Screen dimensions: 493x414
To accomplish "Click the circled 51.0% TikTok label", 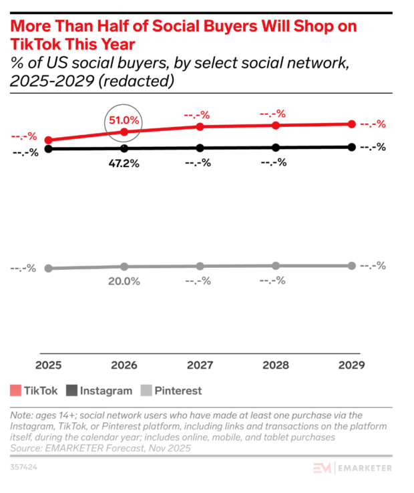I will (x=124, y=121).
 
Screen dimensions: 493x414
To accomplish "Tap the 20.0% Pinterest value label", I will (x=124, y=281).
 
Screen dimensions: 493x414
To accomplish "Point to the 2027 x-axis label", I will (x=198, y=365).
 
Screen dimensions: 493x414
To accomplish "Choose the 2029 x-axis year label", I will (x=351, y=365).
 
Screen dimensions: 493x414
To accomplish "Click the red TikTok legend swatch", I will (x=15, y=391).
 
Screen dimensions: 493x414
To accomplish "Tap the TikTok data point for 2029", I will (x=351, y=124).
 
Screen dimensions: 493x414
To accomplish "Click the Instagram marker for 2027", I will (x=198, y=148).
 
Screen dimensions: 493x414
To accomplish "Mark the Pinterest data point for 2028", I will (x=275, y=266).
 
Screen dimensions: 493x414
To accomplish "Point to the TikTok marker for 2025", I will (x=48, y=140).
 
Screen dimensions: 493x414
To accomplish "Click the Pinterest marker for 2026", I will (x=124, y=267).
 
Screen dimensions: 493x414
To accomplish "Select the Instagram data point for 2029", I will (x=351, y=147).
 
